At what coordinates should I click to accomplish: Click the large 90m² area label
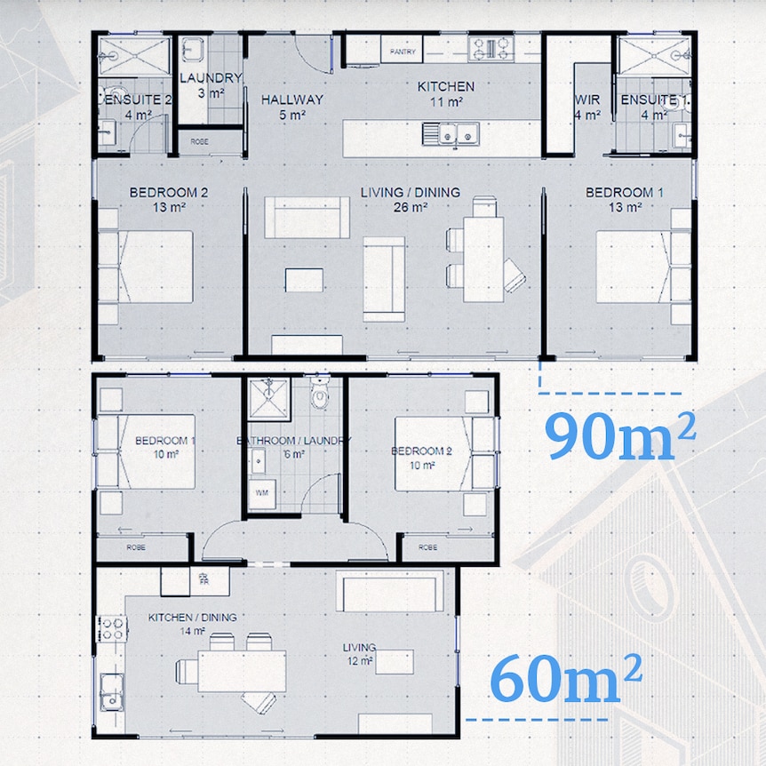(619, 435)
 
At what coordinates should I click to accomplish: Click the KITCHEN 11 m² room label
(446, 93)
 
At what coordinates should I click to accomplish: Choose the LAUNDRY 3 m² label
(211, 84)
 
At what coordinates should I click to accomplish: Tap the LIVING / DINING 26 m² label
(410, 198)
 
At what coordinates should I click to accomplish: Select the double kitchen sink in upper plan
(451, 135)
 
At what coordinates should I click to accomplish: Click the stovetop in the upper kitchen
(486, 48)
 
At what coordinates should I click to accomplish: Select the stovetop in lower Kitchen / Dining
(113, 629)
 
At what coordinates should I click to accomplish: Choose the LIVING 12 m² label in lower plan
(360, 653)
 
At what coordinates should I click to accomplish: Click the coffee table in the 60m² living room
(395, 662)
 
